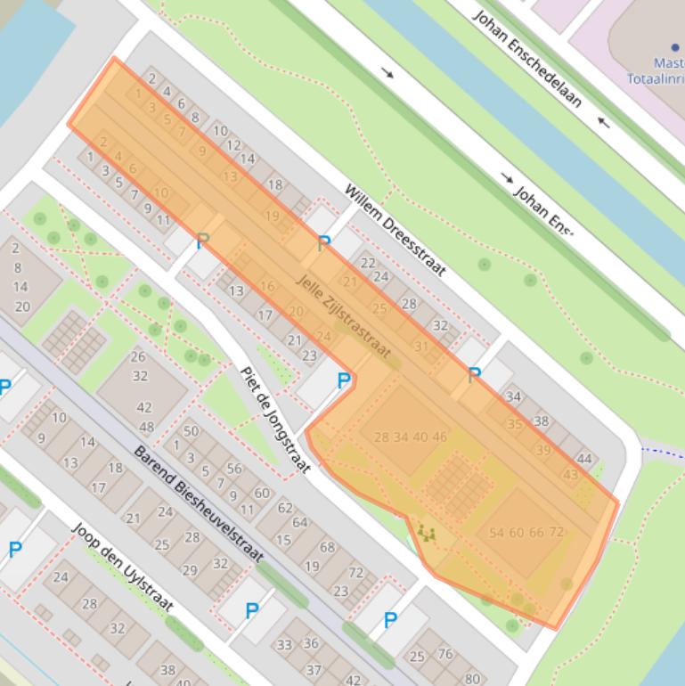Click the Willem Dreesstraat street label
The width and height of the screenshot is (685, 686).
pos(396,231)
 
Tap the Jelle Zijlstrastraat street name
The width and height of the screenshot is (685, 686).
pos(343,316)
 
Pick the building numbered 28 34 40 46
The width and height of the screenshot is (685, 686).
pos(410,437)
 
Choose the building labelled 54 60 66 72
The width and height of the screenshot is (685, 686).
pos(526,533)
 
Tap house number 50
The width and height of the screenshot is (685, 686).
pos(191,432)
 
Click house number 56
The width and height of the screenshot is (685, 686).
pos(233,469)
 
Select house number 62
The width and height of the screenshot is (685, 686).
pos(285,509)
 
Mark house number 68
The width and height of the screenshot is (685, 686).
pos(328,547)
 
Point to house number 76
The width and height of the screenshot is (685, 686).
pos(445,655)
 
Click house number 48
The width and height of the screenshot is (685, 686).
pos(146,427)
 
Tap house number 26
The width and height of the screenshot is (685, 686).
pos(138,357)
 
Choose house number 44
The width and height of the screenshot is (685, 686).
pos(584,460)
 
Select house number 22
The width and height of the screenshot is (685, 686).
pos(368,264)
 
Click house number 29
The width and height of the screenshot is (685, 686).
pos(190,570)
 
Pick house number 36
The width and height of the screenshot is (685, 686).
pos(310,643)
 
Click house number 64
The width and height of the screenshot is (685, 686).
pos(299,523)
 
